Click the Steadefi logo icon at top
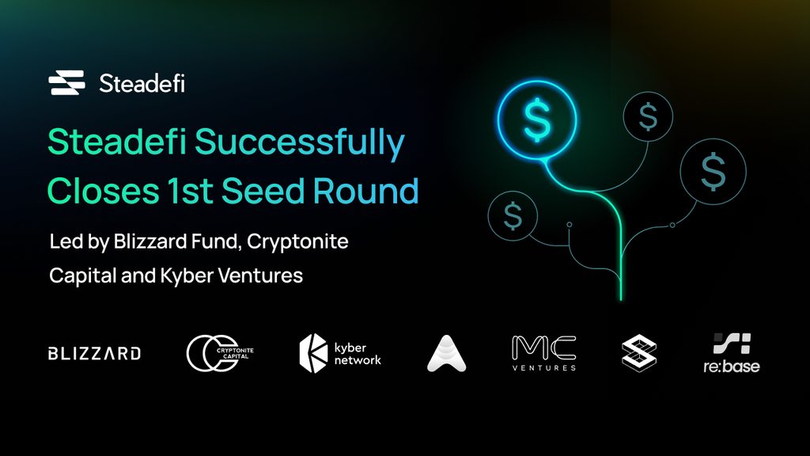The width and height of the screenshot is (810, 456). (x=66, y=82)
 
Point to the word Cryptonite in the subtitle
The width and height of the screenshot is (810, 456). (x=298, y=241)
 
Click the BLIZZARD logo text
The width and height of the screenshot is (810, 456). (x=94, y=353)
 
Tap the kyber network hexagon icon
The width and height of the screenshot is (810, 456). (x=314, y=353)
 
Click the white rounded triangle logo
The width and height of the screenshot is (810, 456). (x=447, y=353)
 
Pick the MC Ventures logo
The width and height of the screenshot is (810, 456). (x=544, y=348)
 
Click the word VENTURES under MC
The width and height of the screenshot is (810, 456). (x=544, y=367)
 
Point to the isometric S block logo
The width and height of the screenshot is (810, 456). (x=638, y=353)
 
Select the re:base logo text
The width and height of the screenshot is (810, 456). (x=732, y=366)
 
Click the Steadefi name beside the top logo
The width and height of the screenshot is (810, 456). (x=142, y=83)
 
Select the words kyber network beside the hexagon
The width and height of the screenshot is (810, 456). (x=357, y=354)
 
